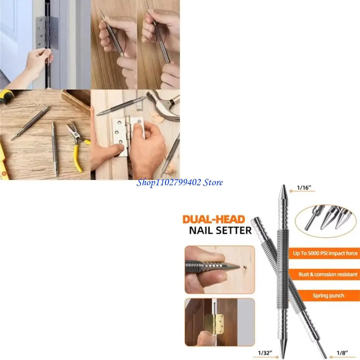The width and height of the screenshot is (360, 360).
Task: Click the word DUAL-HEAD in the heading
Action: [213, 219]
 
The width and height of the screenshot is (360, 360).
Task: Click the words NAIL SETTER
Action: [220, 231]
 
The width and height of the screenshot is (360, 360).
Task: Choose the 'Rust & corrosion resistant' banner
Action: [328, 274]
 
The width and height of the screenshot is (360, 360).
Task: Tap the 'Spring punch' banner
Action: [328, 296]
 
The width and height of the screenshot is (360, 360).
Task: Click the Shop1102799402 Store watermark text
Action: [180, 182]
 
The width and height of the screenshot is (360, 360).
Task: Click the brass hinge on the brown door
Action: [214, 324]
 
